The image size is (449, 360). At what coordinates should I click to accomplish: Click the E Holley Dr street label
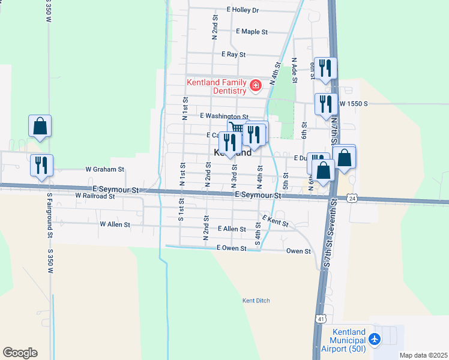coord(243,10)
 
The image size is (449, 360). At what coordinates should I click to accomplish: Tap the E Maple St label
coord(252,31)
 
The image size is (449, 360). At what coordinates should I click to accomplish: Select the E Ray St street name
coord(234,55)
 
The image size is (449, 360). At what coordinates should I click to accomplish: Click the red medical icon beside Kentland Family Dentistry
coord(256,86)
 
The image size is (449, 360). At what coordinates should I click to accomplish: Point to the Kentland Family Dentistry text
coord(217,86)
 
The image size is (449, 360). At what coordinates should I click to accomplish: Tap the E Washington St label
coord(224,116)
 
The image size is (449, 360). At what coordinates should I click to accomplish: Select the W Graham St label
coord(104,170)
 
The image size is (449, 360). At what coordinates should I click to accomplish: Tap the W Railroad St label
coord(95,196)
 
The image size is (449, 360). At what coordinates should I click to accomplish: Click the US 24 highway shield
coord(352,197)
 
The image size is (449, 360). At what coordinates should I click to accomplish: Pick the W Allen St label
coord(115,224)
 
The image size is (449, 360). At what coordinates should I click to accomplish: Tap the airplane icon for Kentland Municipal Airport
coord(375,340)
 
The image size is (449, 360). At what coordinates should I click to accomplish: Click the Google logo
coord(20,353)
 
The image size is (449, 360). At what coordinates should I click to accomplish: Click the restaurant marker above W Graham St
coord(41,164)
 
